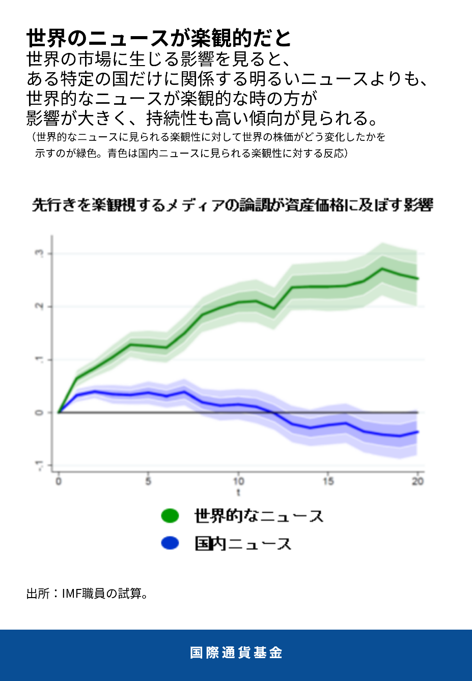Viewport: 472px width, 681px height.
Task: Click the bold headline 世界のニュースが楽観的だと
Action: (158, 38)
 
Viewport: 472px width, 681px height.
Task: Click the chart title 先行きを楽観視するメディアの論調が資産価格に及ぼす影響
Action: (232, 205)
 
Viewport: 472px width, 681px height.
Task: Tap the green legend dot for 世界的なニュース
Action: (170, 516)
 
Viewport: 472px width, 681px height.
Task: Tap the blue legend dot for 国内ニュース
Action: (170, 543)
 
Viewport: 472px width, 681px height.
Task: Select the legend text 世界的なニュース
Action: (259, 516)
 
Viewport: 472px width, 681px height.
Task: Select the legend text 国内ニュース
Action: (243, 544)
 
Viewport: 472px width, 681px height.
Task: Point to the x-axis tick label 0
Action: (59, 481)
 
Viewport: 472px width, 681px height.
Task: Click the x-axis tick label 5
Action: (148, 481)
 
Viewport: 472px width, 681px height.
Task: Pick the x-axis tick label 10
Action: (238, 481)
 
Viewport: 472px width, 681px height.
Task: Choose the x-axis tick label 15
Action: (328, 481)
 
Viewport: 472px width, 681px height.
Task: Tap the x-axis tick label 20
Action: (418, 481)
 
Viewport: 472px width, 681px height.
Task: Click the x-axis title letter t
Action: (238, 493)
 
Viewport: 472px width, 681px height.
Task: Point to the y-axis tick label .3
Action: (40, 253)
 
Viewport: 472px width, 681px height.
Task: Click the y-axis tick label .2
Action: (40, 306)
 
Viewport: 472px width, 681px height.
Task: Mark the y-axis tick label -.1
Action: (40, 465)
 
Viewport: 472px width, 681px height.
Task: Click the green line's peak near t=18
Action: (382, 269)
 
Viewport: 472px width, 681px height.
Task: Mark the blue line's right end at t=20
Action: (418, 432)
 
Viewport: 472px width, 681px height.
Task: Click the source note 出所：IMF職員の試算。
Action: (88, 594)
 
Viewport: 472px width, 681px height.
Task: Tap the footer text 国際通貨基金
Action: (236, 653)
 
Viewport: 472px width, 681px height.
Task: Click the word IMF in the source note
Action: (71, 594)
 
